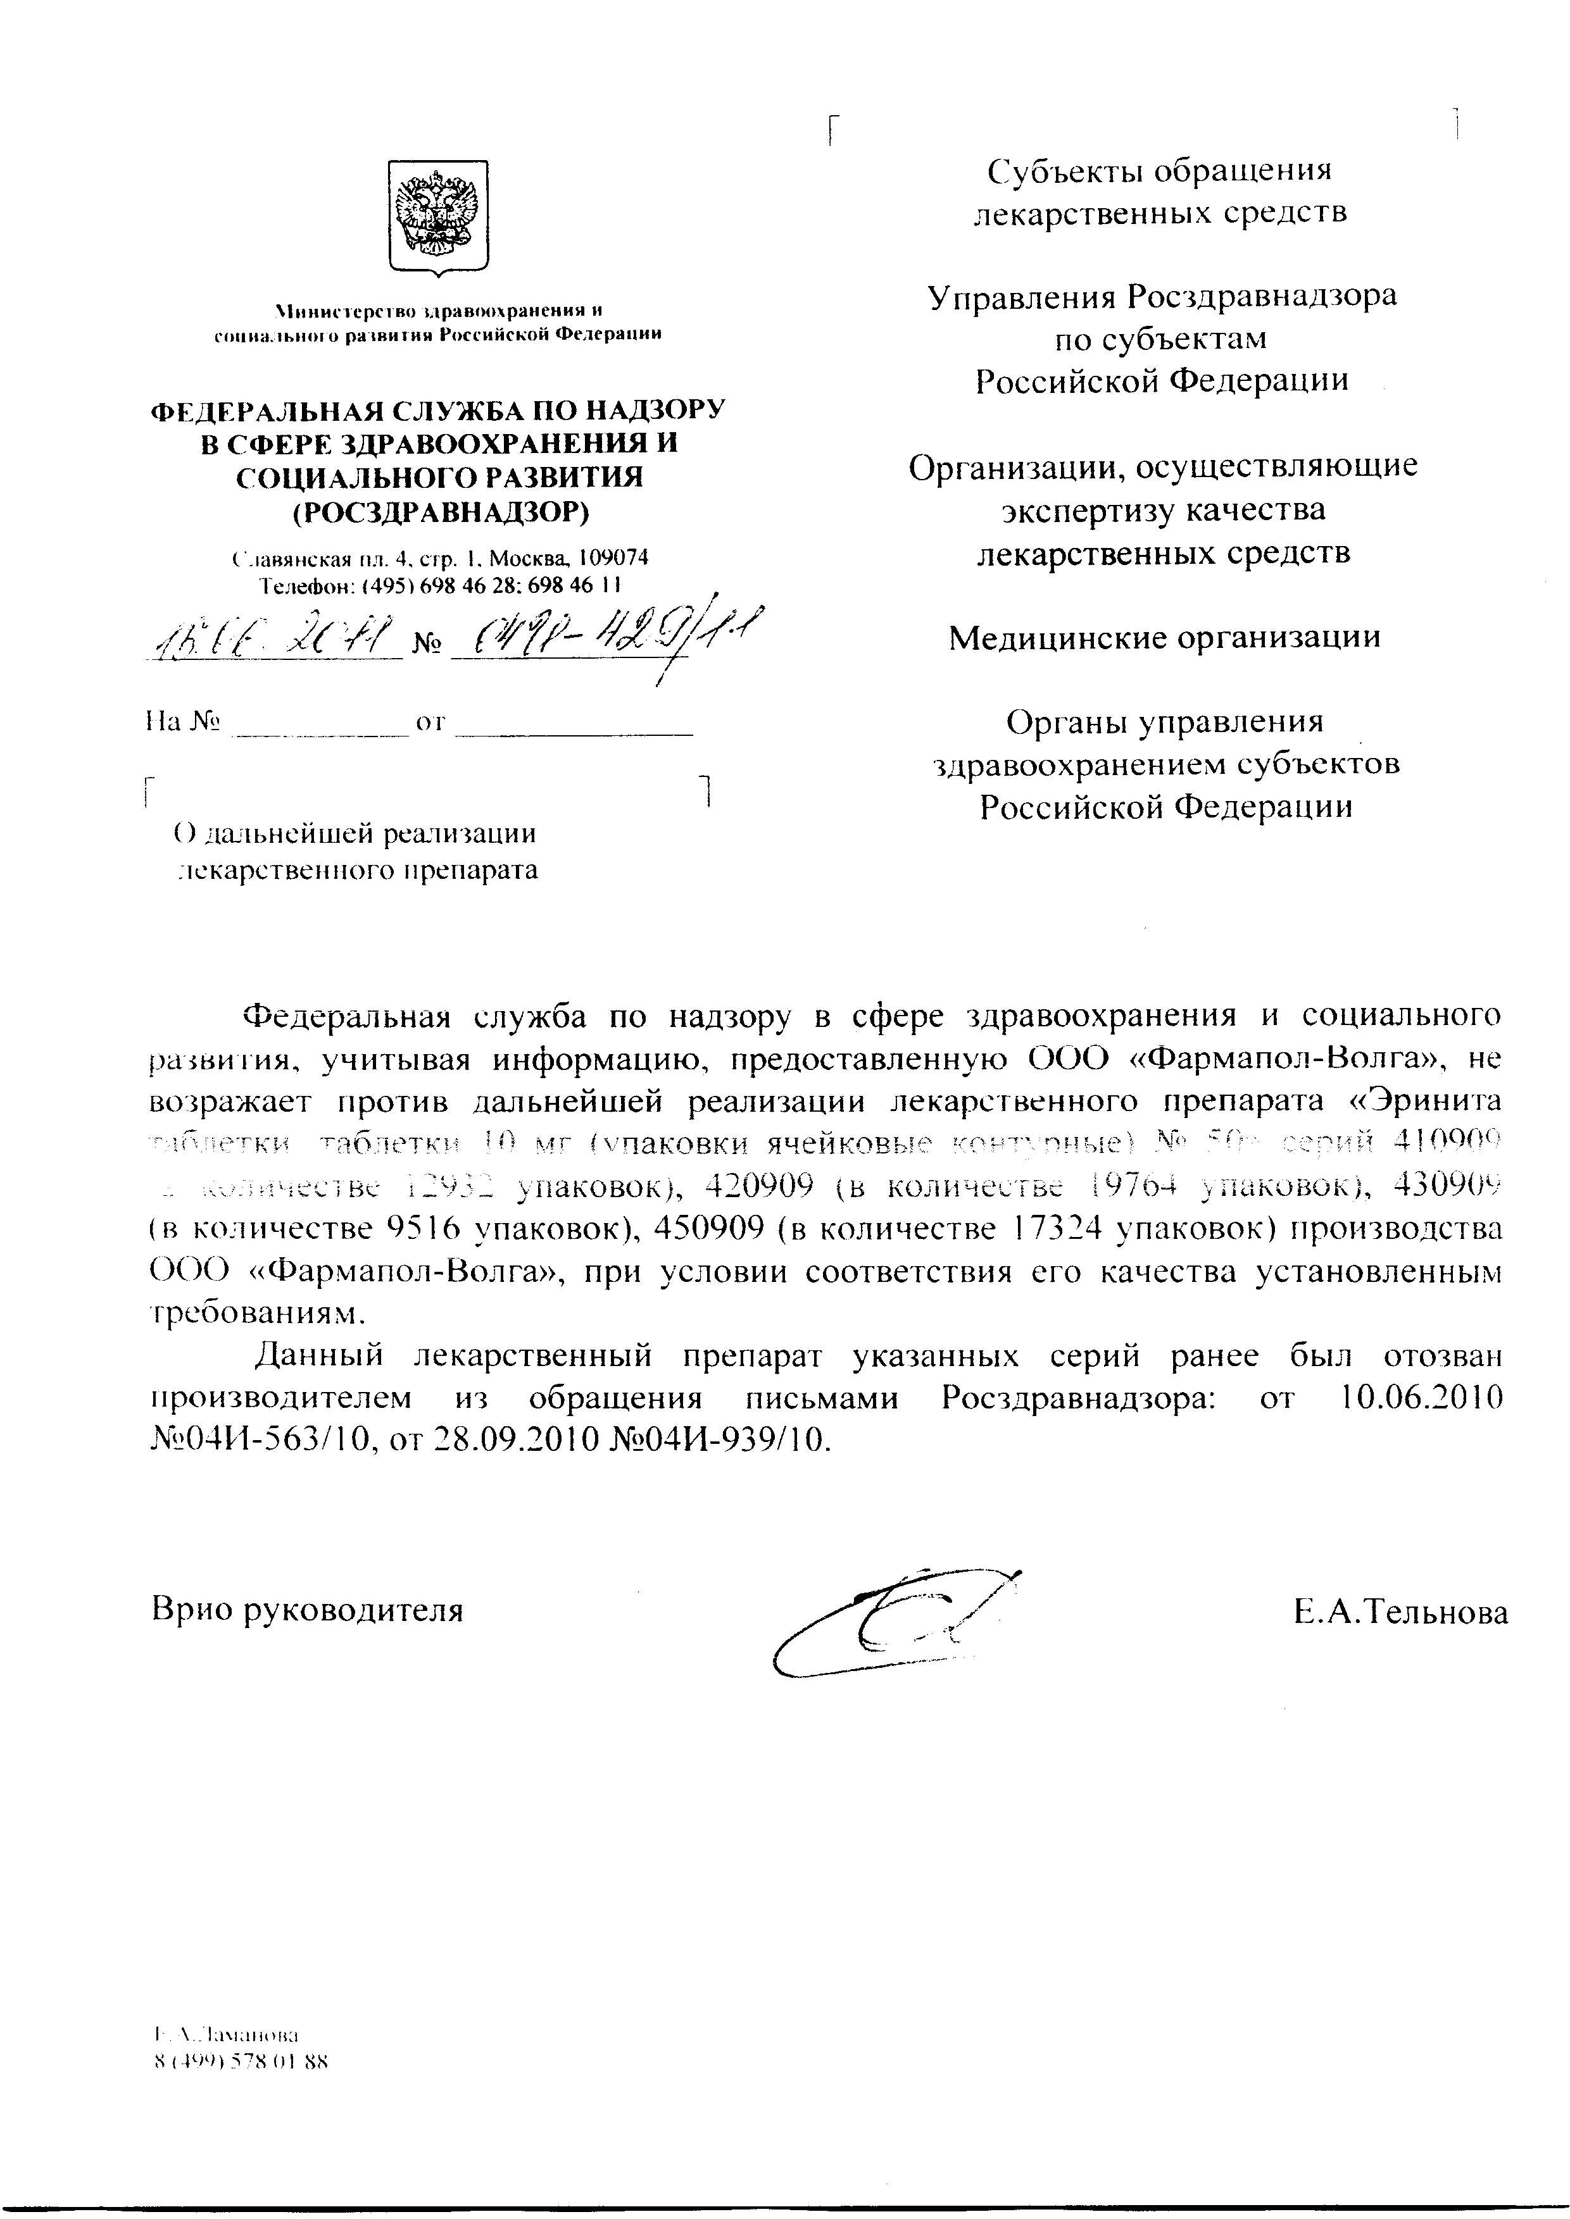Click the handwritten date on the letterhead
(272, 638)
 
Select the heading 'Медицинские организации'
(1164, 637)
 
